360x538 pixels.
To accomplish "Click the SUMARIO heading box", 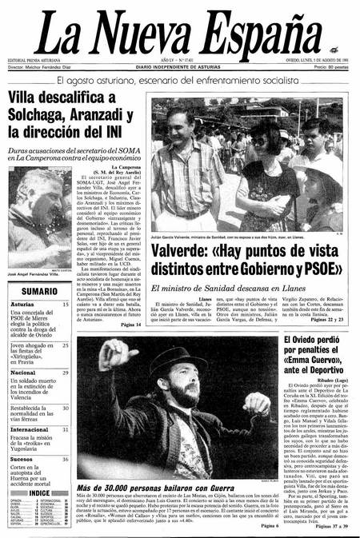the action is pos(38,292).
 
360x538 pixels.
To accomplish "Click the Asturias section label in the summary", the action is pos(23,305).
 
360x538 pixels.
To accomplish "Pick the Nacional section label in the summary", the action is pos(23,373).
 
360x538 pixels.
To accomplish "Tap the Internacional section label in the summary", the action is pos(30,429).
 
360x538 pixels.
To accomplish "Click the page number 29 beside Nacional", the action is pos(66,373).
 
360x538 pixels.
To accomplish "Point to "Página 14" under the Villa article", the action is pos(131,324).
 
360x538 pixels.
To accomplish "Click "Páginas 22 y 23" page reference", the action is pos(328,321).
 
